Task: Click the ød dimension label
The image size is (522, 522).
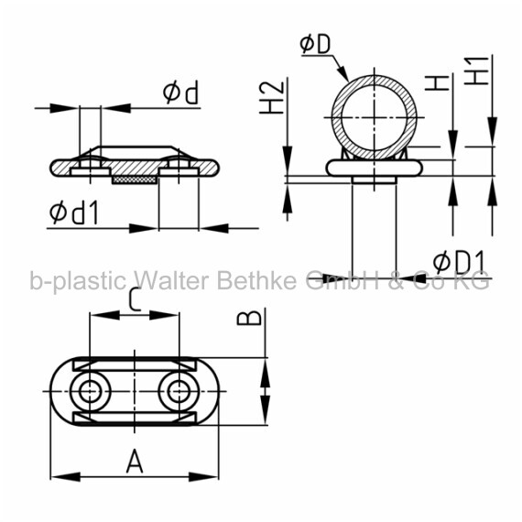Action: (180, 92)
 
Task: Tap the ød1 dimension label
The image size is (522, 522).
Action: (74, 212)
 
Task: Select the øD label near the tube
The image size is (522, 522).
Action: (315, 44)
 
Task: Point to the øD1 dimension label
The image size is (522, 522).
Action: (459, 262)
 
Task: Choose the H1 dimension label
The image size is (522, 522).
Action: (476, 71)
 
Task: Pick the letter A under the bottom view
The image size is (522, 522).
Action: (135, 461)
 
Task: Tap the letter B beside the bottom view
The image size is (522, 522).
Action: (249, 318)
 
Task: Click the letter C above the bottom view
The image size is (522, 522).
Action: (135, 300)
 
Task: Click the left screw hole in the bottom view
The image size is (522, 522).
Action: (90, 392)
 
